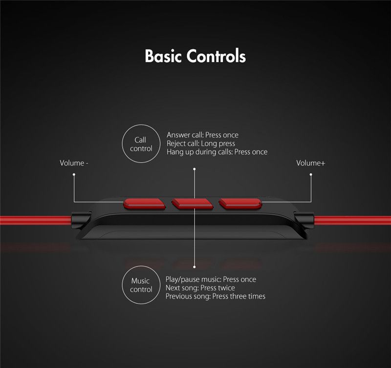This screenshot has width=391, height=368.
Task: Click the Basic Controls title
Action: tap(195, 56)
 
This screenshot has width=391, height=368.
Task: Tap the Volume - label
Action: tap(74, 163)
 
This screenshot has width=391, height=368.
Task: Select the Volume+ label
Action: tap(311, 163)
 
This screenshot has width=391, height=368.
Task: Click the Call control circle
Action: tap(141, 125)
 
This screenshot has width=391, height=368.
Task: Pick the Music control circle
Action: tap(141, 266)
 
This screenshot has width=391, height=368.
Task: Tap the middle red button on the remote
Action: tap(192, 204)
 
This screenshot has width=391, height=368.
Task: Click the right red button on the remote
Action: tap(240, 204)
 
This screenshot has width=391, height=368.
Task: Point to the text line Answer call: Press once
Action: tap(202, 135)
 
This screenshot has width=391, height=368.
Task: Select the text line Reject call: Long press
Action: tap(201, 143)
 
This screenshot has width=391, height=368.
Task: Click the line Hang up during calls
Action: tap(217, 152)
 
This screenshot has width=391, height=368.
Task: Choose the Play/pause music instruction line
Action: tap(211, 279)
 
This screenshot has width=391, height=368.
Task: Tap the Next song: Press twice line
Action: tap(200, 288)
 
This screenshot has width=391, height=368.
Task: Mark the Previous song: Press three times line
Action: tap(216, 296)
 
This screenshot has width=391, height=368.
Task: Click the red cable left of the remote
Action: tap(36, 220)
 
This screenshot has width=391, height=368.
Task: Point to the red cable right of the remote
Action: tap(352, 220)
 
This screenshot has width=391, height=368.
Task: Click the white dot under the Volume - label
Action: tap(74, 175)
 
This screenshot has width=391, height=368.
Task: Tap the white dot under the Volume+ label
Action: tap(311, 175)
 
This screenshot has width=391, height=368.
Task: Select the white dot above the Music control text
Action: tap(194, 267)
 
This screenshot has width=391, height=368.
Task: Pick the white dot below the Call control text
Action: tap(194, 169)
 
